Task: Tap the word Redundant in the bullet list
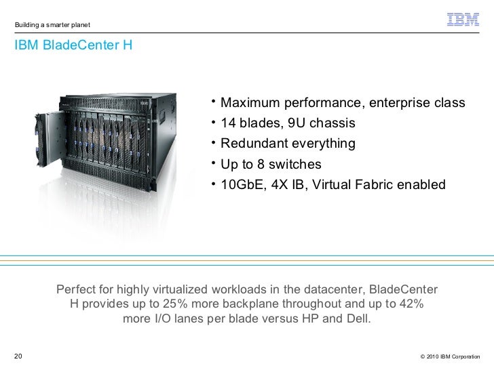click(x=253, y=144)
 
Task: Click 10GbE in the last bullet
click(x=240, y=185)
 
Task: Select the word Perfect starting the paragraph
click(x=77, y=288)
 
